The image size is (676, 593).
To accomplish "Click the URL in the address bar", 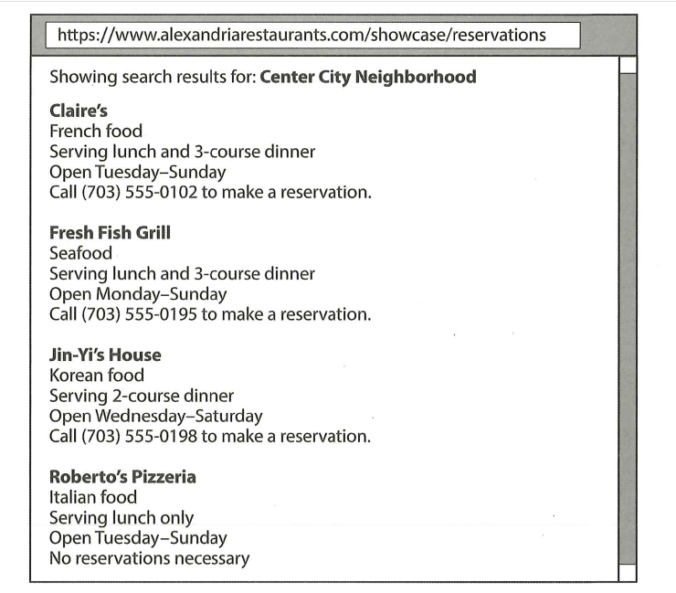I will click(x=301, y=36).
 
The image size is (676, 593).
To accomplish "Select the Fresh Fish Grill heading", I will click(x=110, y=233).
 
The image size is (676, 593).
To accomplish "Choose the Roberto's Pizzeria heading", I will click(x=122, y=477).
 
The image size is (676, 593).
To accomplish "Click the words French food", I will click(x=96, y=132).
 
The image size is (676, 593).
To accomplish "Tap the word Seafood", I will click(x=80, y=253).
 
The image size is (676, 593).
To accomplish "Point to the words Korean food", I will click(x=97, y=375).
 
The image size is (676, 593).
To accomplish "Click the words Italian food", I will click(x=93, y=497).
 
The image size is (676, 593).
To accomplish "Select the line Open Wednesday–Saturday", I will click(x=155, y=416).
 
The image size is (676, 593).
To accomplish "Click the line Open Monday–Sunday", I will click(x=138, y=294).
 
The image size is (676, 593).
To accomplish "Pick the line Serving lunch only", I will click(x=121, y=518).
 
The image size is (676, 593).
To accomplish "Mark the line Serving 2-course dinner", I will click(x=142, y=396).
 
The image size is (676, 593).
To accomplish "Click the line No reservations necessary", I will click(x=149, y=558).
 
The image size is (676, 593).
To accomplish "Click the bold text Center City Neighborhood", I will click(x=368, y=77).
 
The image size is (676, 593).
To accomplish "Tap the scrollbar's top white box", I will click(x=628, y=64).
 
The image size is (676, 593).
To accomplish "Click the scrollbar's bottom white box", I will click(x=628, y=572).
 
